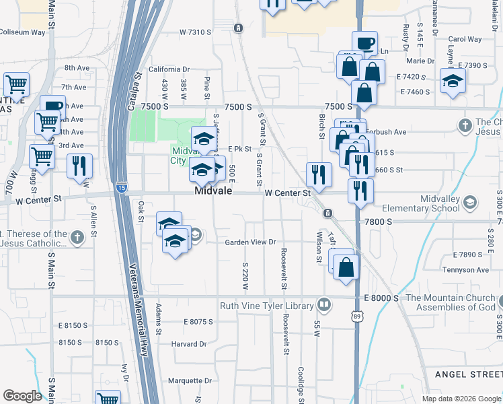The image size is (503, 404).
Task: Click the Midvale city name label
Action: click(x=213, y=191)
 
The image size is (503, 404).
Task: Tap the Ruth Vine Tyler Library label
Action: click(x=267, y=306)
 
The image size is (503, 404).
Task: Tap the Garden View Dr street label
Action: click(x=250, y=242)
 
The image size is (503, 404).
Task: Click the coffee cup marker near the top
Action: click(x=364, y=43)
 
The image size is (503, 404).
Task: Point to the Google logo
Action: click(x=22, y=396)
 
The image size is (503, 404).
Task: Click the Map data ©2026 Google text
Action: click(x=461, y=399)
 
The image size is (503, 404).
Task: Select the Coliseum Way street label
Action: click(x=22, y=32)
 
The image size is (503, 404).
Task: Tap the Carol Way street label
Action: click(x=465, y=39)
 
